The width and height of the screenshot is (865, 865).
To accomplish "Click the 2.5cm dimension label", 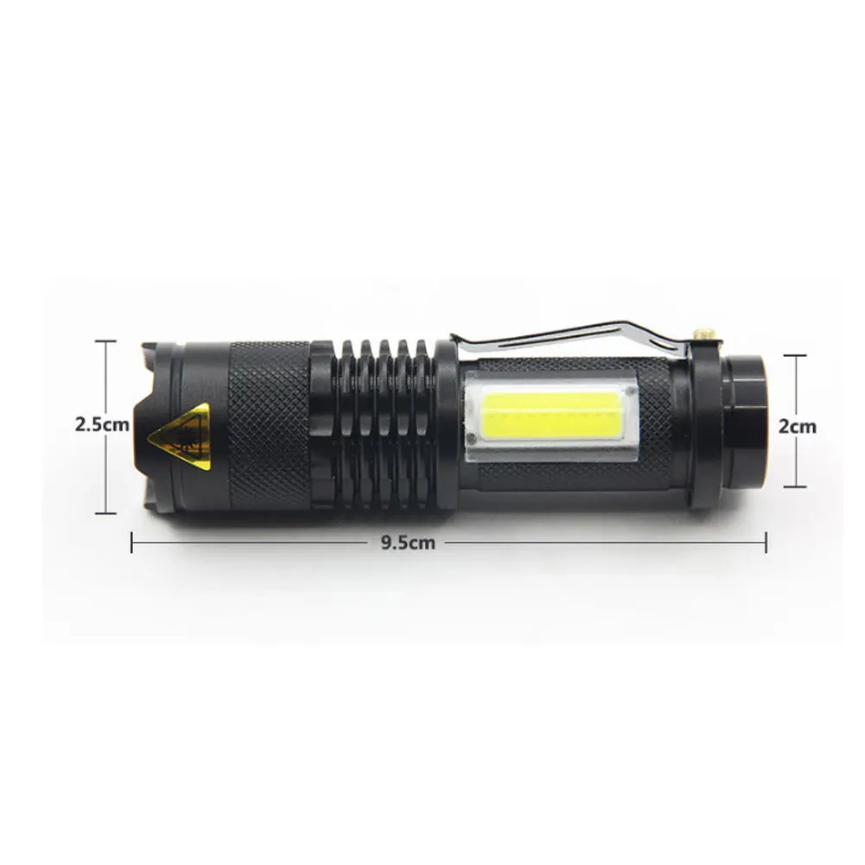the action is [103, 425].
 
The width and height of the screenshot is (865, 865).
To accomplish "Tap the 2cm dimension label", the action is [797, 426].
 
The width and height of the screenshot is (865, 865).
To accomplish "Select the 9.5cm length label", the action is [408, 543].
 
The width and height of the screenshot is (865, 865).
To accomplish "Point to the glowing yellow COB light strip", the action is [550, 413].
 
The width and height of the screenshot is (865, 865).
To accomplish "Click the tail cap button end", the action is [745, 422].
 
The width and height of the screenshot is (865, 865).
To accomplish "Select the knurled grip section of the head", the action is [269, 425].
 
